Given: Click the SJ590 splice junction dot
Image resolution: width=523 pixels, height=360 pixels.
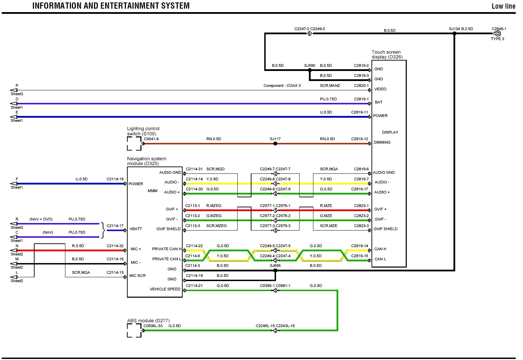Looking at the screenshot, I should click(310, 70).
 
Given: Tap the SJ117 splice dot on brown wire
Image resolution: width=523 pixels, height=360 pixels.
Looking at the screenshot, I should click(275, 143).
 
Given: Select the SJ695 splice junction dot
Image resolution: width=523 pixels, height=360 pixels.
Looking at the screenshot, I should click(275, 270).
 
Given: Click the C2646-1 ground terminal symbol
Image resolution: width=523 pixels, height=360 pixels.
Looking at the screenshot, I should click(497, 34).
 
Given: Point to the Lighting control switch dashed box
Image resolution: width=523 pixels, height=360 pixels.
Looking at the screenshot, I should click(134, 143).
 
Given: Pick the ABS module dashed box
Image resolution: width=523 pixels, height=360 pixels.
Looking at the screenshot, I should click(134, 330).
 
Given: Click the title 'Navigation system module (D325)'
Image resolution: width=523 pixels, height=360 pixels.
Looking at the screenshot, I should click(147, 161).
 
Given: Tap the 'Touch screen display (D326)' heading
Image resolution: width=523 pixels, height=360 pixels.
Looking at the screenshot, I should click(387, 54).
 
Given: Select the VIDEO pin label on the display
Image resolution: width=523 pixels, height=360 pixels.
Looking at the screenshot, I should click(380, 89).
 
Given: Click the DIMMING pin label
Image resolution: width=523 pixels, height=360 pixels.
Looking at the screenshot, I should click(382, 142).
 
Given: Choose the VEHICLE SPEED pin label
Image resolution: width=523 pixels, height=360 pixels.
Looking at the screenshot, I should click(165, 289).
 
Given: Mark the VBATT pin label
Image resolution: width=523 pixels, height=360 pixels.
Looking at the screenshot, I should click(136, 229).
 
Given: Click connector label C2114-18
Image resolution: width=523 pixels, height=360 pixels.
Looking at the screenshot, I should click(115, 179).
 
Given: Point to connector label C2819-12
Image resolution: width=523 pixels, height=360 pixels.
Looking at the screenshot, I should click(359, 139).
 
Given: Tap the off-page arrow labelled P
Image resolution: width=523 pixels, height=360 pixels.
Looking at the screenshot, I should click(14, 90).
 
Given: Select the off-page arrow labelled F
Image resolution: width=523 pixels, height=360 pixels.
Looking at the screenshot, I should click(14, 183).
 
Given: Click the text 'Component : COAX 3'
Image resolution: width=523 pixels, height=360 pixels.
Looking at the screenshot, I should click(282, 85).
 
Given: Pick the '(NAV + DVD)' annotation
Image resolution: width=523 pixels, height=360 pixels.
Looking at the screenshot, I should click(41, 219).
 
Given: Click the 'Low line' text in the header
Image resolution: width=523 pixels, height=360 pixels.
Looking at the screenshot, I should click(503, 6).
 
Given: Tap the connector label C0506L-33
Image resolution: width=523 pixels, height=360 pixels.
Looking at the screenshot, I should click(153, 326).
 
